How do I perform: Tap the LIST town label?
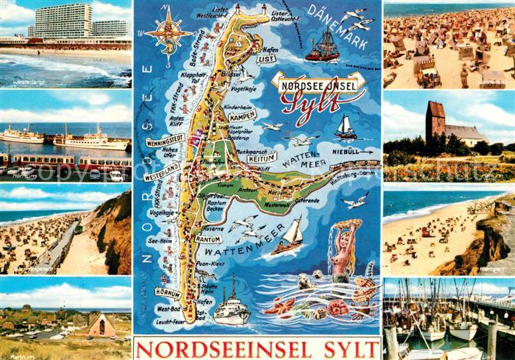tap(267, 57)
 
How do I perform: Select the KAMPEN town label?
tap(242, 116)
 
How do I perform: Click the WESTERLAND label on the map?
tap(161, 177)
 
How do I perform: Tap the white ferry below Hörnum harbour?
tap(232, 309)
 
